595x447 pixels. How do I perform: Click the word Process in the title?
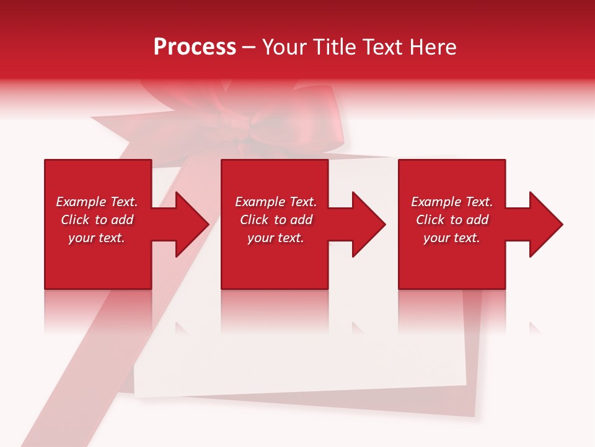195,47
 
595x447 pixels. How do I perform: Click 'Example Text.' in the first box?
97,202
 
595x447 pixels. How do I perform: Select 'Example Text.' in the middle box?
276,202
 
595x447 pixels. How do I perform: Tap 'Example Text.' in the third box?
452,202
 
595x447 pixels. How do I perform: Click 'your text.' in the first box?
97,238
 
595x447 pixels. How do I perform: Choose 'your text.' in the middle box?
276,238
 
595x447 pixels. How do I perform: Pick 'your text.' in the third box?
452,238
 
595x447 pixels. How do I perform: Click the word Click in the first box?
75,220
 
